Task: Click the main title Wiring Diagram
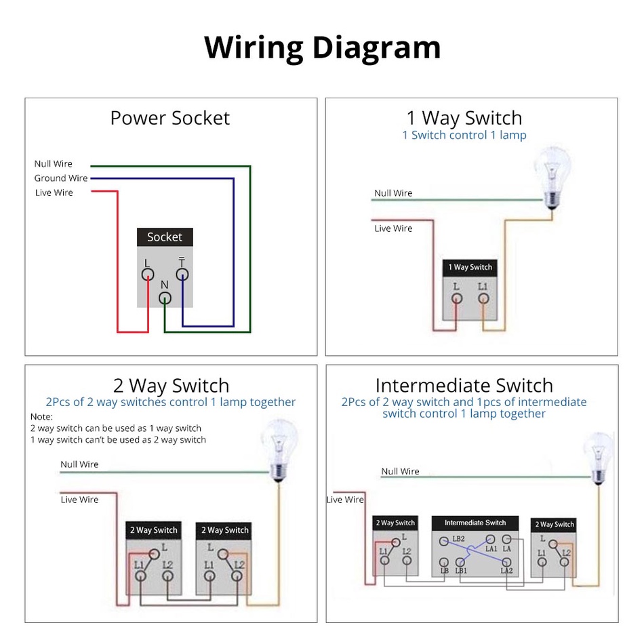322,47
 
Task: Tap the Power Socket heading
169,118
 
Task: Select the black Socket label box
165,237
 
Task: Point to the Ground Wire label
61,178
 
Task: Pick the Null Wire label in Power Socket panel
54,164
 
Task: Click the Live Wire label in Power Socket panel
54,193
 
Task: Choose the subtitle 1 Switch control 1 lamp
464,135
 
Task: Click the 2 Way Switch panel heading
171,386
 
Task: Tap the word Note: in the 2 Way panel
41,416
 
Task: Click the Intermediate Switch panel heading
464,386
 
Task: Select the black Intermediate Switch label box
475,523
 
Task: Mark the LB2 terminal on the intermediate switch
444,541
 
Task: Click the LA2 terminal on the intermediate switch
506,562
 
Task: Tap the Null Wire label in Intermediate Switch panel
400,471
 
